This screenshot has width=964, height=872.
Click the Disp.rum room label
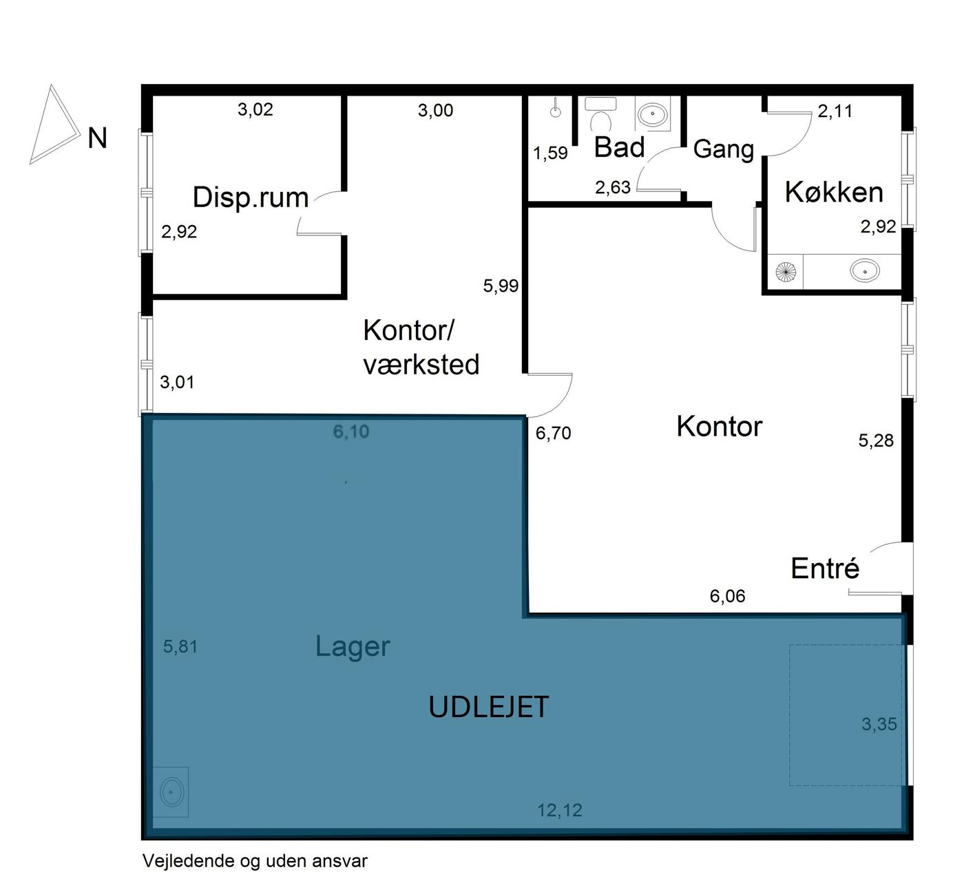tap(251, 198)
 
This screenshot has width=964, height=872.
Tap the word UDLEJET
tap(488, 707)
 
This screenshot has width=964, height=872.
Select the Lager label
tap(353, 647)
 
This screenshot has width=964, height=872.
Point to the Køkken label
tap(834, 192)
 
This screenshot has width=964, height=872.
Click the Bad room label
tap(619, 147)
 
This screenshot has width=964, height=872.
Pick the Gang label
tap(723, 149)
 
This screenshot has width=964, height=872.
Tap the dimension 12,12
tap(559, 810)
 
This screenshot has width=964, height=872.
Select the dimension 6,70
tap(553, 433)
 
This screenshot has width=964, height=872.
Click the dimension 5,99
tap(501, 286)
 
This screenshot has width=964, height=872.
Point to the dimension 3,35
tap(879, 724)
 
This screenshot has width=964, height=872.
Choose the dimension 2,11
tap(835, 111)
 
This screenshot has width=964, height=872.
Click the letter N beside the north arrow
tap(98, 138)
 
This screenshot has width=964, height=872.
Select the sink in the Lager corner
tap(171, 791)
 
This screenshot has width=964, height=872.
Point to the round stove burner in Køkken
tap(785, 272)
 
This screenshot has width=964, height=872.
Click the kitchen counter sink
tap(865, 270)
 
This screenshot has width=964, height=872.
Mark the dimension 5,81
tap(180, 647)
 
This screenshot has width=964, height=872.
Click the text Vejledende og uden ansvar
tap(255, 860)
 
